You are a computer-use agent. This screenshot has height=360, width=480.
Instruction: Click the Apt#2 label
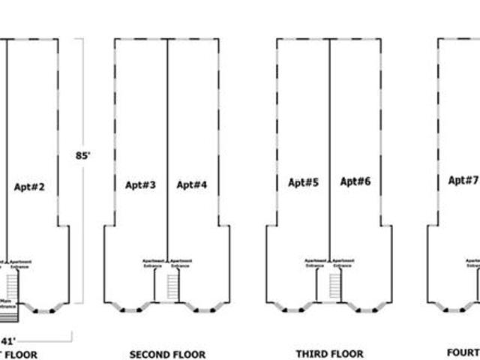tap(30, 187)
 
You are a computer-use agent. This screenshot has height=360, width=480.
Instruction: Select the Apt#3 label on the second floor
tap(140, 184)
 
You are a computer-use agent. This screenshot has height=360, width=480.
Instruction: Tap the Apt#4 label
tap(192, 184)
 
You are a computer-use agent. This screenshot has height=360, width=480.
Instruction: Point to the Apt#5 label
tap(304, 181)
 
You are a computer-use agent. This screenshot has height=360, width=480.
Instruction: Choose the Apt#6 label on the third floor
tap(355, 181)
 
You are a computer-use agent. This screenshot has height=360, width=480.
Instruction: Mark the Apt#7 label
tap(463, 180)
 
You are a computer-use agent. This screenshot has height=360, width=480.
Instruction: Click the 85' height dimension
tap(82, 156)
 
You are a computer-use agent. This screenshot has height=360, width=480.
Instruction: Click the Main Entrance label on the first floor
tap(6, 304)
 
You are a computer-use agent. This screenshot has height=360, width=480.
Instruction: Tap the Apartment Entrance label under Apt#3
tap(153, 263)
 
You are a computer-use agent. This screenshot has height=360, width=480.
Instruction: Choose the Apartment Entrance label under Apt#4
tap(180, 263)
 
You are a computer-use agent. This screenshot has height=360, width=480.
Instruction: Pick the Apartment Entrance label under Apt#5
tap(315, 263)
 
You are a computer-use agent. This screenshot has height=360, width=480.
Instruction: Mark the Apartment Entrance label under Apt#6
tap(343, 263)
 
